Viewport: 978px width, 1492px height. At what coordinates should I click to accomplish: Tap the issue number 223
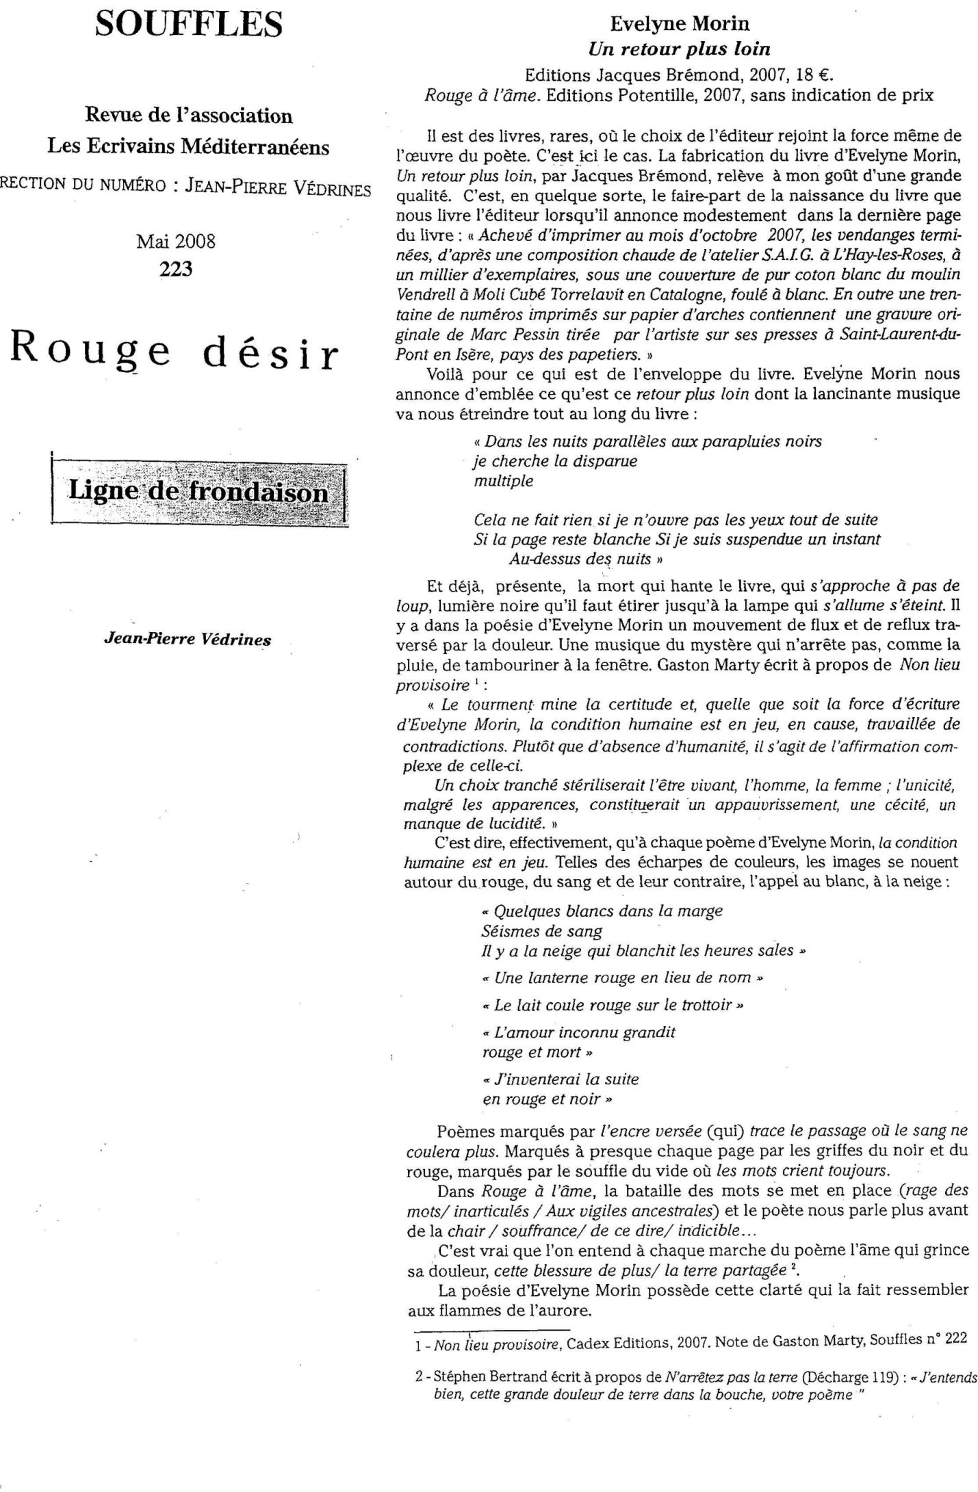(x=176, y=269)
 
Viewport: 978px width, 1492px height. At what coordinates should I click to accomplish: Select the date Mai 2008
(x=176, y=241)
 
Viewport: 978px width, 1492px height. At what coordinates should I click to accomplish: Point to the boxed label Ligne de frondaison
(x=197, y=493)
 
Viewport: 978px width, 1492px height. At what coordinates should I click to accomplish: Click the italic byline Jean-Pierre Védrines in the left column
(x=187, y=639)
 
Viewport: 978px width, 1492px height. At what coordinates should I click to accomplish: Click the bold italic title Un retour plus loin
(x=679, y=49)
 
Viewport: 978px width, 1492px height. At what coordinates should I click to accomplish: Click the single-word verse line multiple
(x=503, y=481)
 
